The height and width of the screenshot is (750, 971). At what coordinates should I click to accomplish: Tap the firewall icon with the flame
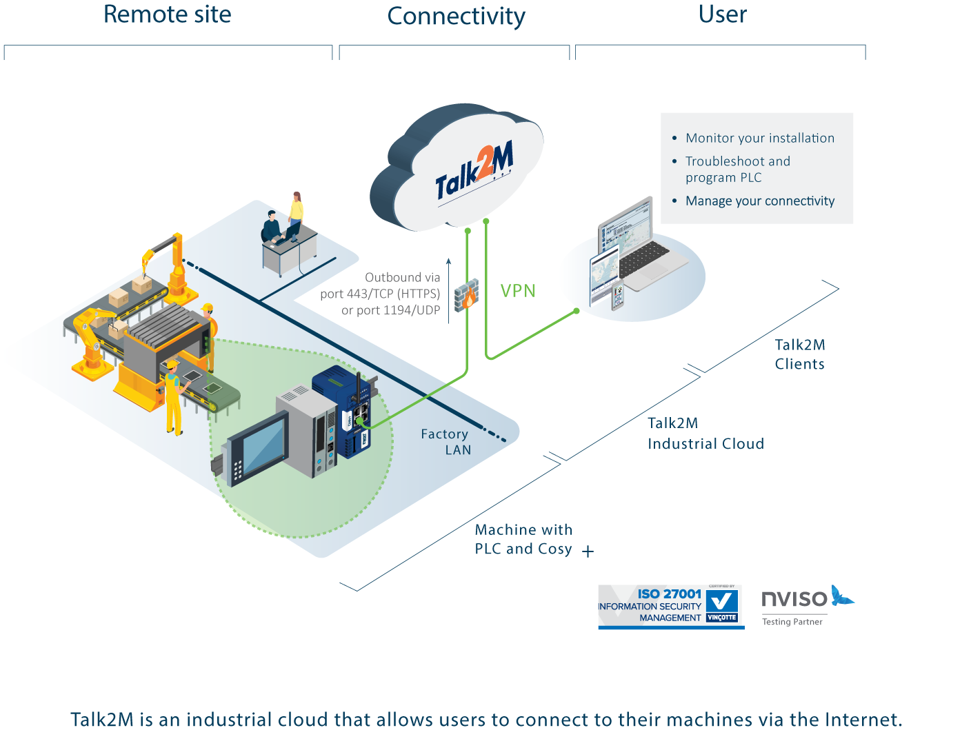(x=467, y=296)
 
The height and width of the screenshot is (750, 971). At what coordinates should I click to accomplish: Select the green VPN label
(x=518, y=291)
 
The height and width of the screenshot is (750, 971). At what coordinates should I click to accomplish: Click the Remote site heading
(x=168, y=14)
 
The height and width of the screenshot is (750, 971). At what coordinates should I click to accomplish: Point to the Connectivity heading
(x=456, y=16)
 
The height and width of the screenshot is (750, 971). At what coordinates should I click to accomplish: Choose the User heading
(x=722, y=14)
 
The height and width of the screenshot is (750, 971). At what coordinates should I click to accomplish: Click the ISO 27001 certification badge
(x=670, y=607)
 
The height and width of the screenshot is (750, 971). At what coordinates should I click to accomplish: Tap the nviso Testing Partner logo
(x=805, y=605)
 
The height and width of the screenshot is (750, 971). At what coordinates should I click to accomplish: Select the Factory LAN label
(x=446, y=442)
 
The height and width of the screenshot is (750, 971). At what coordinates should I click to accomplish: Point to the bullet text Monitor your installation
(x=759, y=138)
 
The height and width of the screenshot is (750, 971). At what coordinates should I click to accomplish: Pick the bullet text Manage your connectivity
(x=759, y=201)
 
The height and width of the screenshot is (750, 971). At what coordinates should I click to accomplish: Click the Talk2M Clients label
(x=799, y=354)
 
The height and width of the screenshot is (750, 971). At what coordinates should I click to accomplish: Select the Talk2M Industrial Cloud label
(x=705, y=434)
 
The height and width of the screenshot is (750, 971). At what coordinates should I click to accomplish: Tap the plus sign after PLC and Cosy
(x=588, y=551)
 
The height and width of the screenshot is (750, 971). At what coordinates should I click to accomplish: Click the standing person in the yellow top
(x=296, y=214)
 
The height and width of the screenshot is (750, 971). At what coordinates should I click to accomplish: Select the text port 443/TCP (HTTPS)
(x=380, y=294)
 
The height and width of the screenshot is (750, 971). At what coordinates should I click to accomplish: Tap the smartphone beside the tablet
(x=617, y=295)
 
